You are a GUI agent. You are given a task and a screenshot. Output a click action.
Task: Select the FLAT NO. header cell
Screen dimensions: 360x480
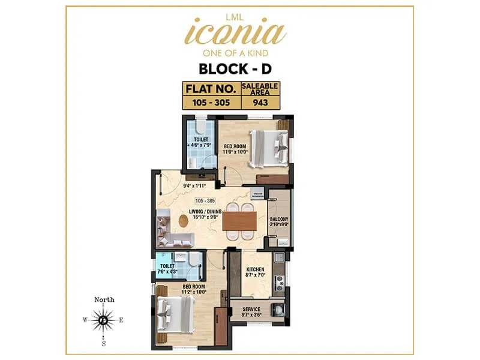[211, 89]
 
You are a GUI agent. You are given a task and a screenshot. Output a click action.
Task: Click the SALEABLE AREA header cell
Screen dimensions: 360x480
[260, 89]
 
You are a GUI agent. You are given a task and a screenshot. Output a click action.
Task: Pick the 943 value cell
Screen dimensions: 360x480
[260, 102]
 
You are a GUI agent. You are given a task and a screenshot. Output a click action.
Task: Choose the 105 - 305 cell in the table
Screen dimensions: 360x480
[211, 102]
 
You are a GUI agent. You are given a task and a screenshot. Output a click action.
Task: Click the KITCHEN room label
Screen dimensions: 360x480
[255, 273]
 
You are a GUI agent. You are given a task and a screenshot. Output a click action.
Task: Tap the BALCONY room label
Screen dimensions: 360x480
[279, 223]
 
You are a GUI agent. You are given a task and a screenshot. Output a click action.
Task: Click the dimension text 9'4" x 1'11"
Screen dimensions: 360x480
[178, 186]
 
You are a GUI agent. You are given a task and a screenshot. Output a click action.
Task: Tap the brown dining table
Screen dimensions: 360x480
[239, 220]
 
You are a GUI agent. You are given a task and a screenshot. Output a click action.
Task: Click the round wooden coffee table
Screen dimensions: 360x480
[183, 220]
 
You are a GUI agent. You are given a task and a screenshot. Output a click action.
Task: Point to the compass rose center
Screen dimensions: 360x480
[104, 320]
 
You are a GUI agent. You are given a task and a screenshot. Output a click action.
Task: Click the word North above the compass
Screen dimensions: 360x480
[104, 299]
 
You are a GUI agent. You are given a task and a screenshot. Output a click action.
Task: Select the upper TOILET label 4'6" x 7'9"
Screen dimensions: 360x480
[200, 142]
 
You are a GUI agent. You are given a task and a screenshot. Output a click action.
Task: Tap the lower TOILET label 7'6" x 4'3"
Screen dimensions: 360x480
[168, 268]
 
